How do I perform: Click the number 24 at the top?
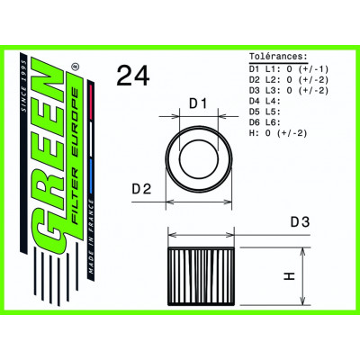click(x=131, y=77)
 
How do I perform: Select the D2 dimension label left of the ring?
click(x=142, y=191)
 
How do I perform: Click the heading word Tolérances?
click(x=277, y=56)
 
